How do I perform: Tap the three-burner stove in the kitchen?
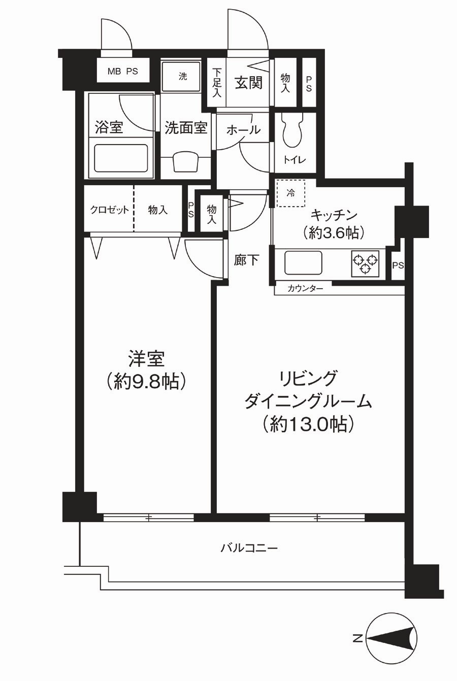[365, 263]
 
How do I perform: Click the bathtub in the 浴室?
[121, 158]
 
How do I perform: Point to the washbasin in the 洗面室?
[185, 163]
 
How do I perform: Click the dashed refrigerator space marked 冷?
[291, 193]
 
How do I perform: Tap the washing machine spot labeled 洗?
[182, 76]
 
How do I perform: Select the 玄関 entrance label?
[249, 83]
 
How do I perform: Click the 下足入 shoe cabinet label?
[217, 83]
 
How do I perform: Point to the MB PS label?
[122, 72]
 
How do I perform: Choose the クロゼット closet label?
[109, 210]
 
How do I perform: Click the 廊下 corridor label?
[246, 260]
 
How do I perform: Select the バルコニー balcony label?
[249, 548]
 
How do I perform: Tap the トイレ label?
[295, 160]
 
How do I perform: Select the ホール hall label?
[243, 130]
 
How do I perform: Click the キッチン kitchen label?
[333, 216]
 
